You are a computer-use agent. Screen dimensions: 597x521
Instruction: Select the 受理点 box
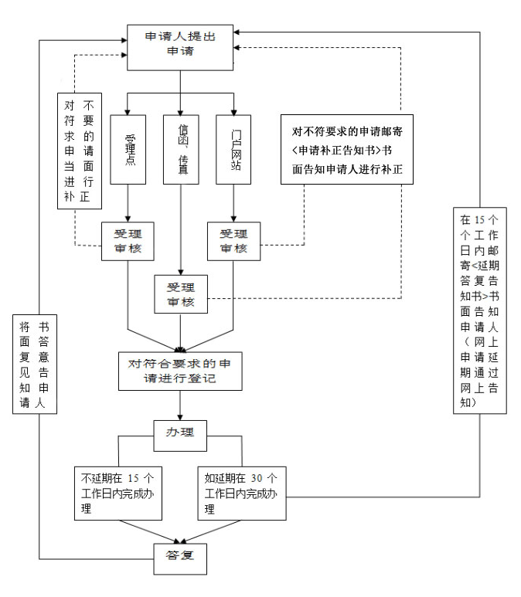pyautogui.click(x=128, y=149)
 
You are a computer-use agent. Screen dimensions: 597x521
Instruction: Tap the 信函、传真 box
pyautogui.click(x=180, y=149)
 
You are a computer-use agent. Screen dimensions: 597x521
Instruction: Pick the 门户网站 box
pyautogui.click(x=233, y=149)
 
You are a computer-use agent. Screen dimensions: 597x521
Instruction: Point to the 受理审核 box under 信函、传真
pyautogui.click(x=181, y=293)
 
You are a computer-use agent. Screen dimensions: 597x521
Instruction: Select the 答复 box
pyautogui.click(x=180, y=555)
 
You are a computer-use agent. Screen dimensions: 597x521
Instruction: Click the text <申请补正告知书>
pyautogui.click(x=340, y=148)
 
